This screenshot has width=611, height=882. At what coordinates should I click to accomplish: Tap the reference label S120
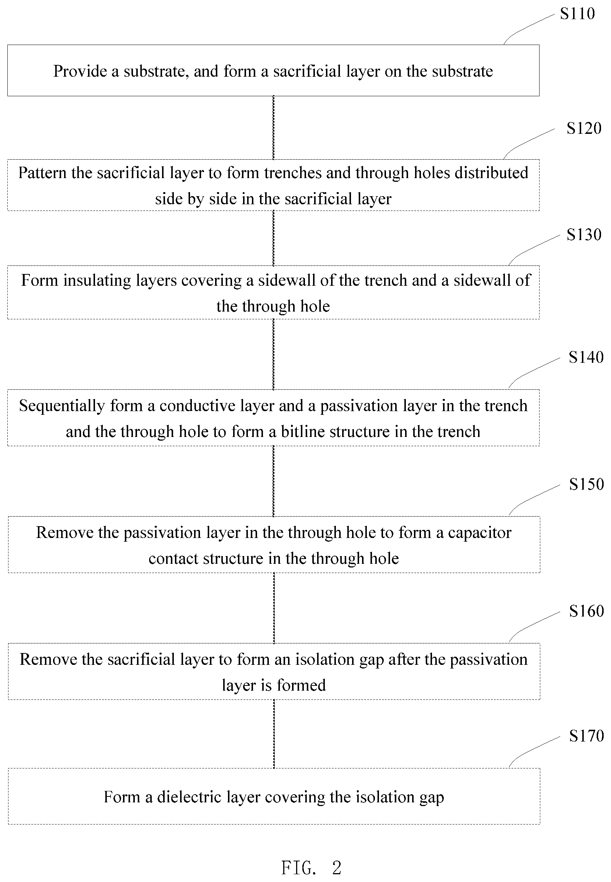(584, 128)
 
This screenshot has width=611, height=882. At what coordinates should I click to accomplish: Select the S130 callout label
(584, 235)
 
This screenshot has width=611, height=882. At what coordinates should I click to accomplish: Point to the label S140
(586, 357)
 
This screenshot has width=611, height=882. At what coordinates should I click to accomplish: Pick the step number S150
(586, 484)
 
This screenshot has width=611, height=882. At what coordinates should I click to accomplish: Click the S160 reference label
(586, 611)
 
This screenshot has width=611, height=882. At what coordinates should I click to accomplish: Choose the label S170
(586, 736)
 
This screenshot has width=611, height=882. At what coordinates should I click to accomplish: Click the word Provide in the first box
(80, 71)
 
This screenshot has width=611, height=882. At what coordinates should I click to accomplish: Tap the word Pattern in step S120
(42, 173)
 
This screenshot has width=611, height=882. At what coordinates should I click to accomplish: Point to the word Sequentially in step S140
(62, 406)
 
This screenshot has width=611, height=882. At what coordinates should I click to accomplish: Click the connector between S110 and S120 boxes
(273, 128)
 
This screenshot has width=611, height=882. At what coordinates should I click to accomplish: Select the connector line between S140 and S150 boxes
(274, 481)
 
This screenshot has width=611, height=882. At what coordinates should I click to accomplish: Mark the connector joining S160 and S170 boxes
(274, 734)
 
